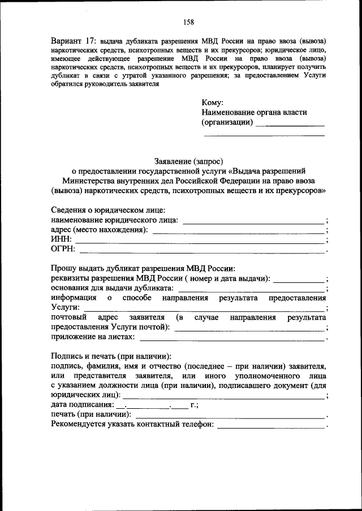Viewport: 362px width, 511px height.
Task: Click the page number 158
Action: tap(189, 22)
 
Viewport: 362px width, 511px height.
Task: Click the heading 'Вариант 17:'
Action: tap(74, 42)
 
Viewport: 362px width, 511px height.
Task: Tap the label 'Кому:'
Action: tap(212, 102)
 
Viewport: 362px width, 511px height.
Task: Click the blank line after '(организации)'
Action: tap(290, 124)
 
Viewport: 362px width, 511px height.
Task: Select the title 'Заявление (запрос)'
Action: tap(188, 160)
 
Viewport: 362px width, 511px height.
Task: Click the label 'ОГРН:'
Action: tap(63, 249)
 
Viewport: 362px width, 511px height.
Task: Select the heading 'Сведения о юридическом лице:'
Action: tap(107, 209)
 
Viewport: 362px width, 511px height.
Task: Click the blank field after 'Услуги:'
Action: tap(204, 308)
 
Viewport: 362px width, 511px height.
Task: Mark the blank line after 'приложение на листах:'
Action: tap(232, 338)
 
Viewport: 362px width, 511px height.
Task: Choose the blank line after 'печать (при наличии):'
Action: tap(232, 416)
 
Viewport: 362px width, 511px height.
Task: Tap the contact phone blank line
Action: tap(271, 426)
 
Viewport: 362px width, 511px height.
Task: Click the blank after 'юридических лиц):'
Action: tap(224, 396)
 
